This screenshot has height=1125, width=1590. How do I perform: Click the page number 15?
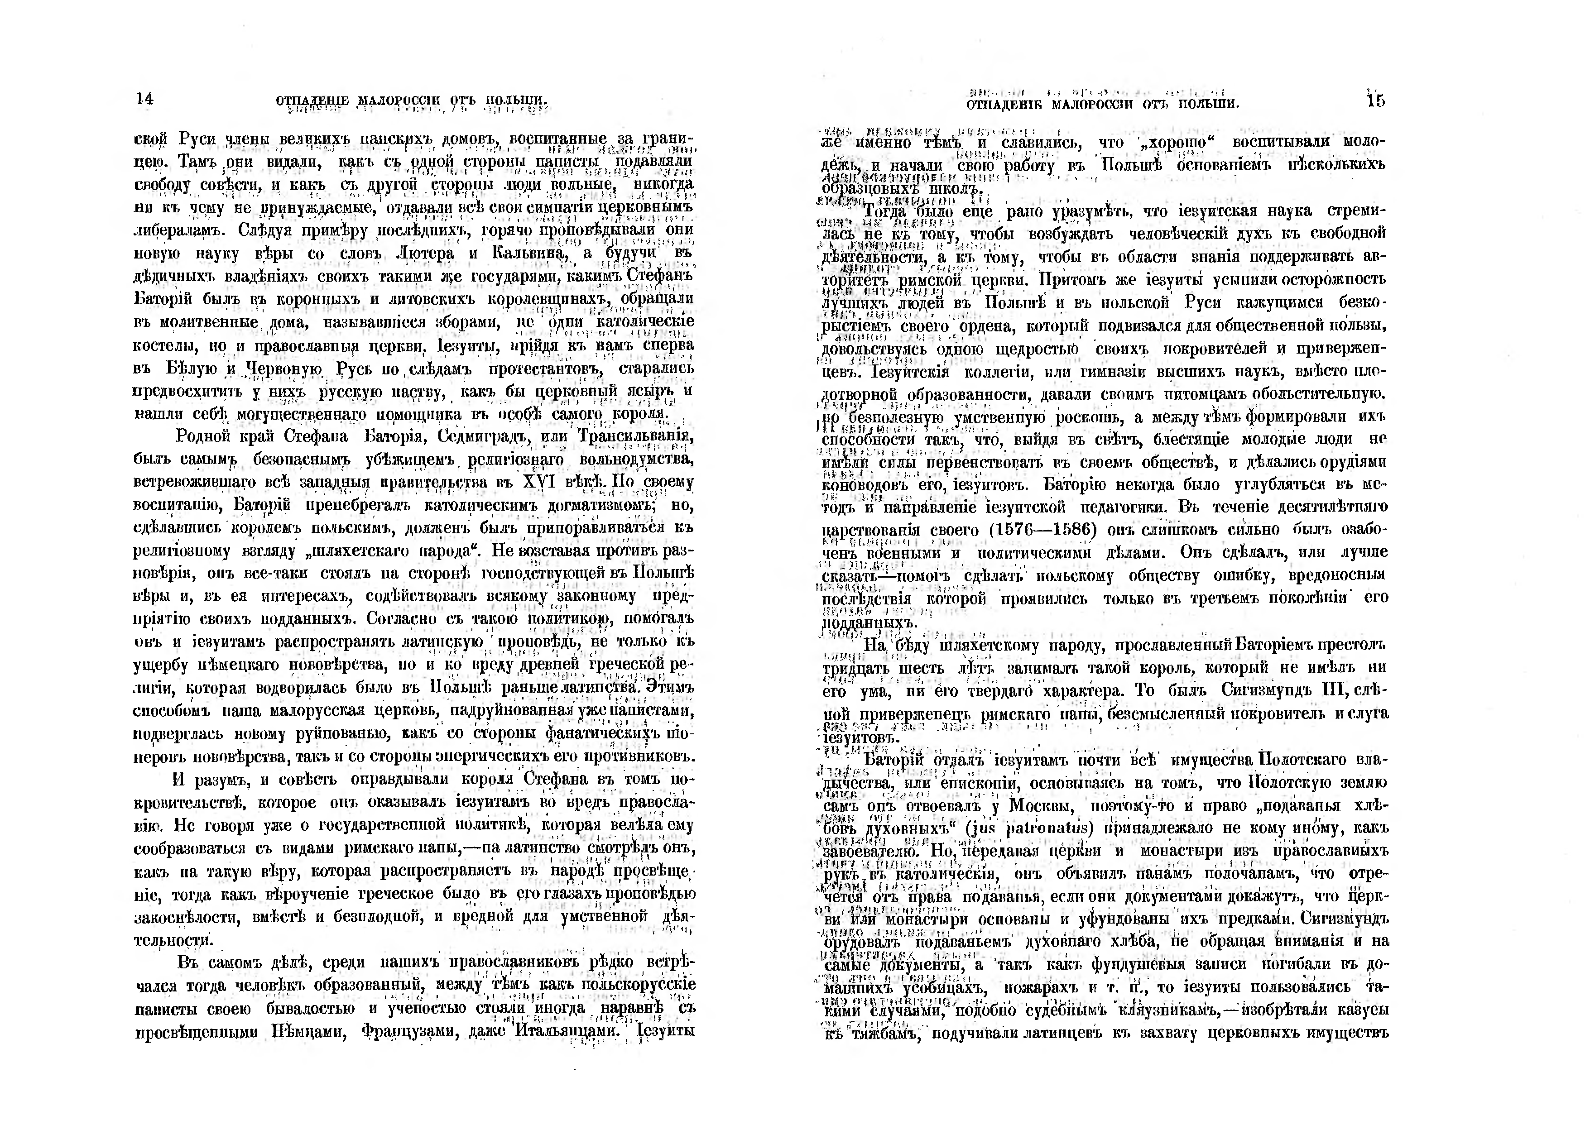tap(1376, 101)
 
